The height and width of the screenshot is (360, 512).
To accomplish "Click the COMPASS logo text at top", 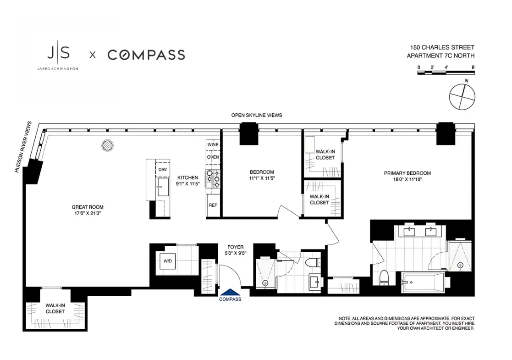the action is click(146, 55).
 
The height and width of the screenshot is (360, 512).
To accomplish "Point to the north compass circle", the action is click(462, 96).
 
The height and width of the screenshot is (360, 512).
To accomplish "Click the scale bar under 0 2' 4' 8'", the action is click(446, 73).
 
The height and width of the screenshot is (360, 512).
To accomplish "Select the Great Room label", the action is click(88, 210).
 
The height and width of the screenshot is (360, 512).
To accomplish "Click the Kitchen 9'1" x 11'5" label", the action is click(187, 181).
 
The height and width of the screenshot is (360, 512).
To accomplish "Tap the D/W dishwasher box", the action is click(163, 169).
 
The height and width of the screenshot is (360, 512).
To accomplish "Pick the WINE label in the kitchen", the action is click(213, 144).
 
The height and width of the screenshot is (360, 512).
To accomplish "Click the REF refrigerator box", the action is click(213, 205).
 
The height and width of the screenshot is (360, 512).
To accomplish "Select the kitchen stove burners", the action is click(213, 179).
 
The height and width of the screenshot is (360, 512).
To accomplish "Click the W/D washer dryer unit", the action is click(168, 261).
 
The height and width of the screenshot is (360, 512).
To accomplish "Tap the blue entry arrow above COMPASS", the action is click(231, 292).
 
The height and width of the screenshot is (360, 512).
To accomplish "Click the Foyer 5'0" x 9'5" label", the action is click(236, 250).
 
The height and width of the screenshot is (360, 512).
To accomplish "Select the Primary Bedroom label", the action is click(407, 176).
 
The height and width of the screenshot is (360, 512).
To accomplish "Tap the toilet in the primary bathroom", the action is click(384, 277).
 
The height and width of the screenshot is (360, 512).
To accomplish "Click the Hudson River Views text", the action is click(23, 147).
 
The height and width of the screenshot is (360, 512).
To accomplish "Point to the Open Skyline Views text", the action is click(257, 115).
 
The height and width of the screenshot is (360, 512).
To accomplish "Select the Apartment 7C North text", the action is click(440, 55).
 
